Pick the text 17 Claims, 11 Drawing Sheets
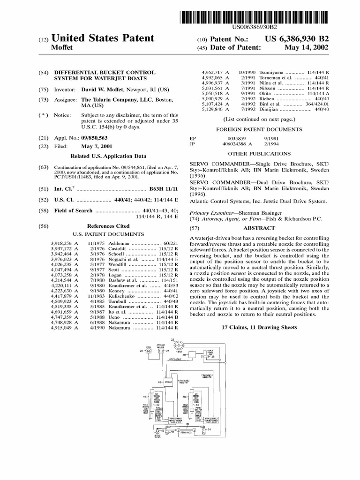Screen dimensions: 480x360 pyautogui.click(x=259, y=327)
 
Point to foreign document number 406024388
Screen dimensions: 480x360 pyautogui.click(x=234, y=144)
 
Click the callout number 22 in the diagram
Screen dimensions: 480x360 pyautogui.click(x=172, y=339)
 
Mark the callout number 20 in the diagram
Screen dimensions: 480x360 pyautogui.click(x=141, y=351)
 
